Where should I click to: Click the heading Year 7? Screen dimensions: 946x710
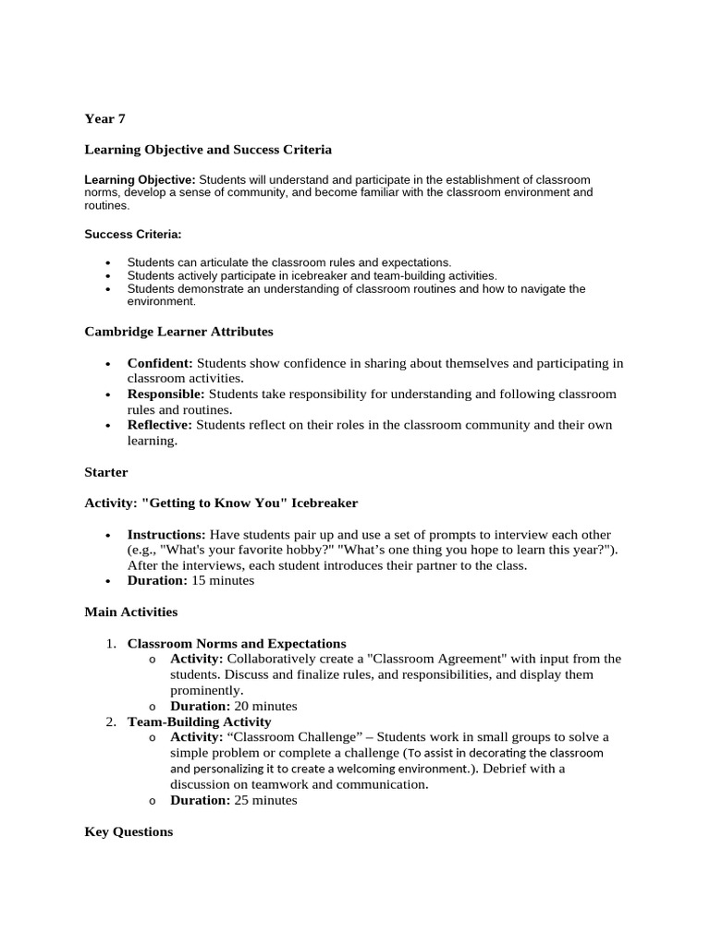coord(104,118)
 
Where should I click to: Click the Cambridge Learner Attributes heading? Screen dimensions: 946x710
coord(178,331)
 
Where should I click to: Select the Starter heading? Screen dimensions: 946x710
coord(106,472)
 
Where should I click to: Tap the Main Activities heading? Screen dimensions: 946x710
coord(130,612)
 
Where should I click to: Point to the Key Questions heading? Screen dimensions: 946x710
coord(129,831)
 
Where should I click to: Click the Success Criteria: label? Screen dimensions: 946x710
coord(133,234)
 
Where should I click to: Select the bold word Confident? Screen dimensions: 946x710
coord(160,363)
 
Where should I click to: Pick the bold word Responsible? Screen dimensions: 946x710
coord(165,394)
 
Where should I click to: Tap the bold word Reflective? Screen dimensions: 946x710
coord(159,425)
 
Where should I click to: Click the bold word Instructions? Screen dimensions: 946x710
coord(166,535)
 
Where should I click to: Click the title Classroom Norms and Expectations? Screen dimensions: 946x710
coord(237,643)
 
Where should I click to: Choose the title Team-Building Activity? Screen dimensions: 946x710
coord(199,722)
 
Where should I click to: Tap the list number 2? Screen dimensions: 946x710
coord(109,722)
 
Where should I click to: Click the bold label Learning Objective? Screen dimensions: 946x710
coord(140,179)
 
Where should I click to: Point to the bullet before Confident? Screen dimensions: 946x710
coord(108,364)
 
